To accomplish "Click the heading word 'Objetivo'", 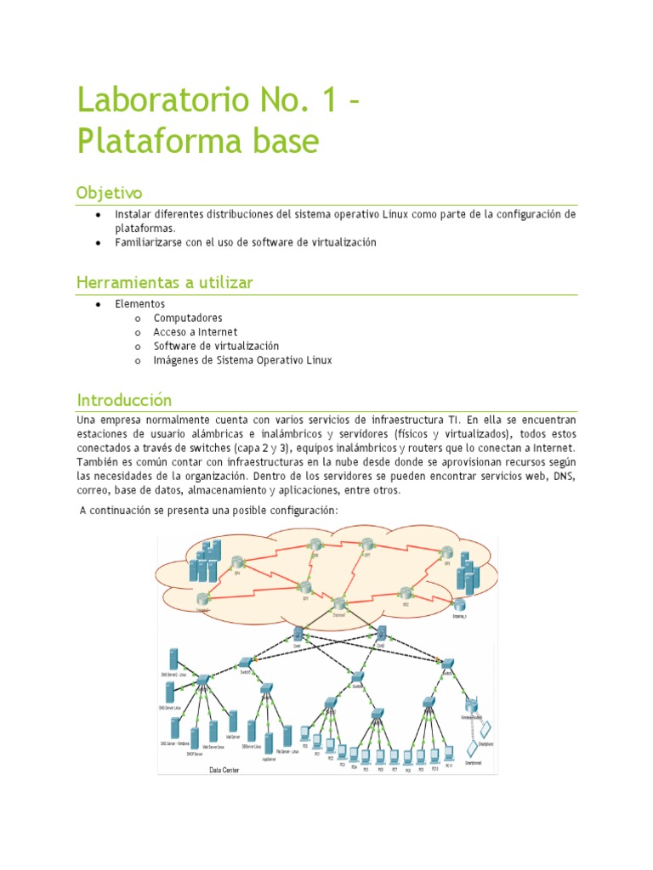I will pyautogui.click(x=109, y=192).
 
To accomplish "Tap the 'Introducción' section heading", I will pyautogui.click(x=124, y=399).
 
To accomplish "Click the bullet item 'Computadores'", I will pyautogui.click(x=188, y=318).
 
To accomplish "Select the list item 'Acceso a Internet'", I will pyautogui.click(x=195, y=332).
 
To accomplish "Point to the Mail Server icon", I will pyautogui.click(x=234, y=721).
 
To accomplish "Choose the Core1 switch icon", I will pyautogui.click(x=298, y=633).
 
